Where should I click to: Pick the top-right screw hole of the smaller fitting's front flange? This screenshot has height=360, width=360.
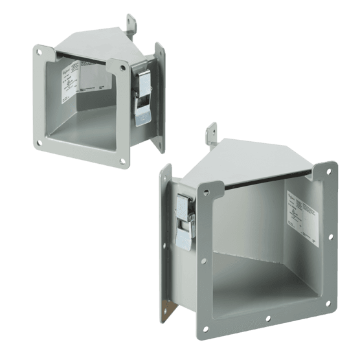(121, 64)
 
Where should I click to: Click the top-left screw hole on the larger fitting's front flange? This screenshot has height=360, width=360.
(207, 188)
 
